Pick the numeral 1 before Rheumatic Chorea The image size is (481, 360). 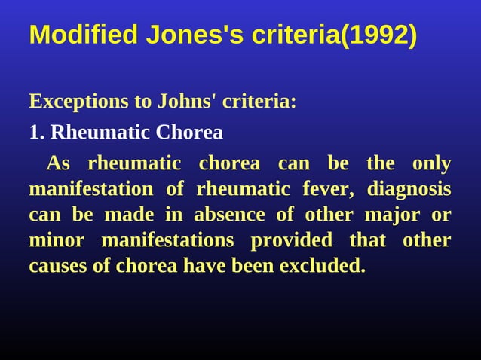click(34, 133)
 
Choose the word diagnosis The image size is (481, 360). click(410, 189)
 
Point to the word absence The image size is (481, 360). click(229, 215)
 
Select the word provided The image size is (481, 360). click(291, 240)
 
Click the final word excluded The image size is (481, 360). click(322, 266)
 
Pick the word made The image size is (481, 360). click(128, 215)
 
